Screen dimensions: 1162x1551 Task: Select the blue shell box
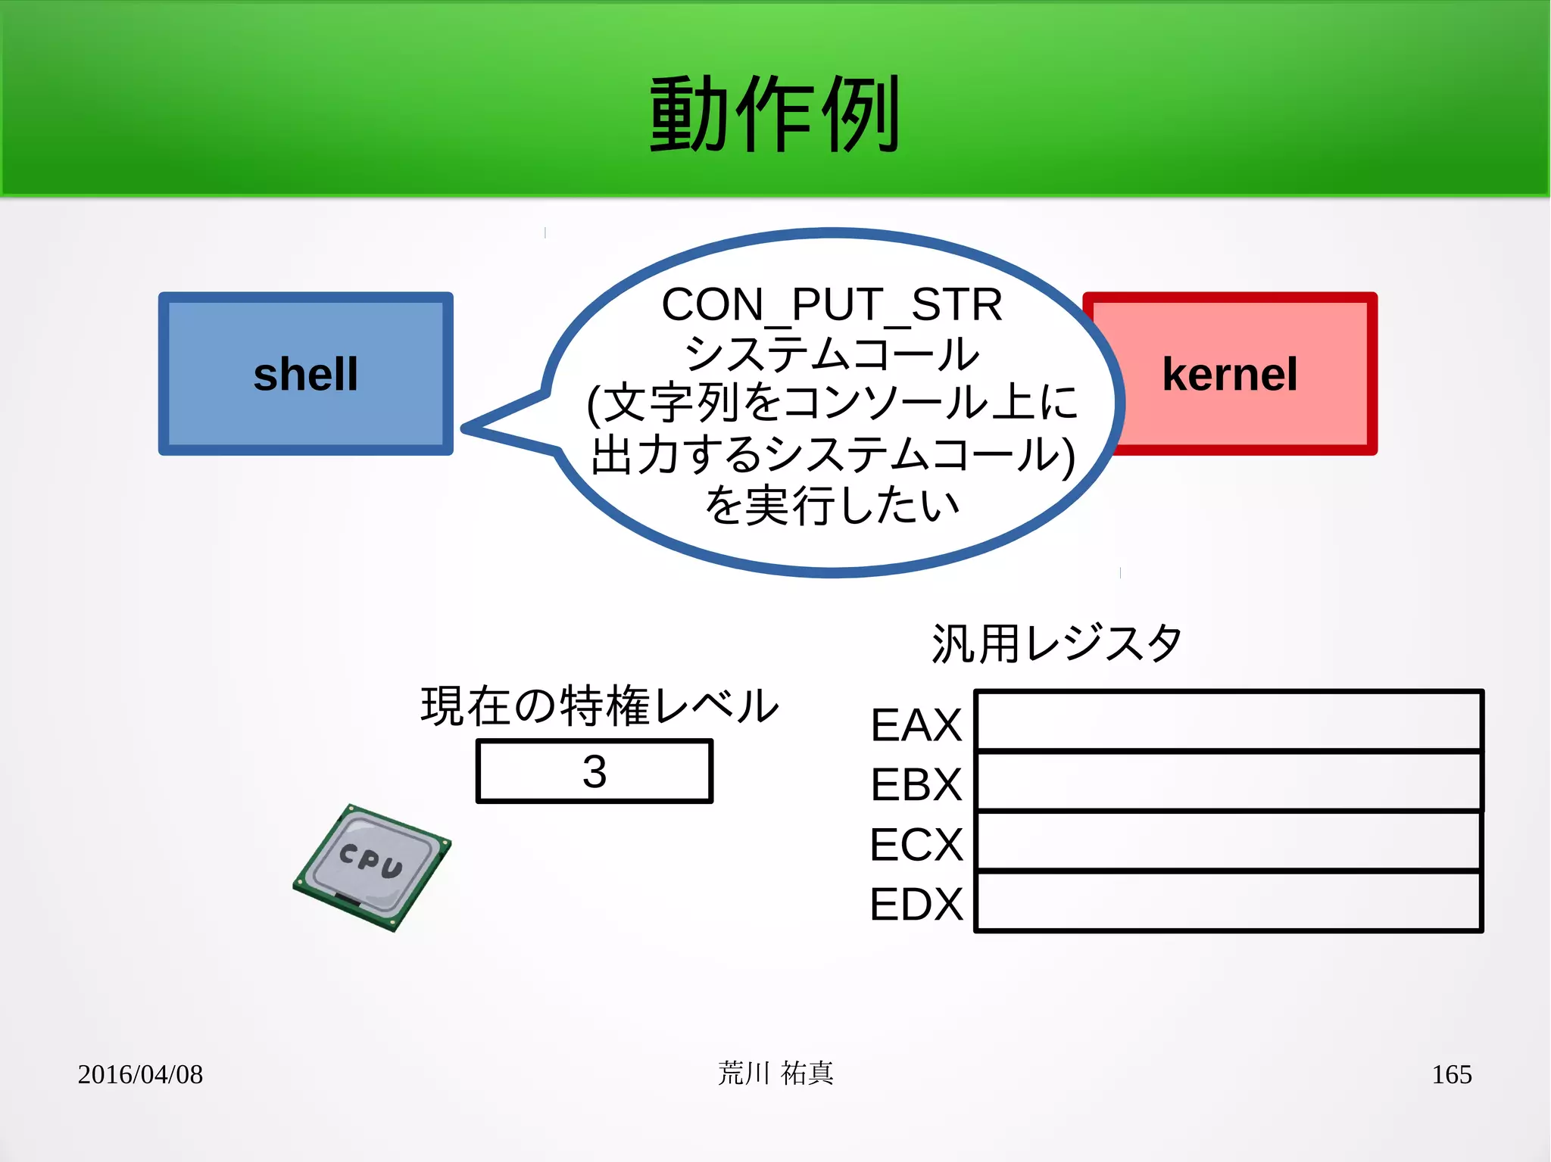pyautogui.click(x=306, y=374)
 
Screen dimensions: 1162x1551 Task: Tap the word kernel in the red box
pyautogui.click(x=1229, y=374)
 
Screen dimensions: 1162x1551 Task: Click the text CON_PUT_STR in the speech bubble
pyautogui.click(x=832, y=304)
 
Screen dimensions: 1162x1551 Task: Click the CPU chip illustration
pyautogui.click(x=372, y=867)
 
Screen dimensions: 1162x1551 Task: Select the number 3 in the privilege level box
pyautogui.click(x=594, y=771)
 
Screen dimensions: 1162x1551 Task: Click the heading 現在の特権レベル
pyautogui.click(x=599, y=706)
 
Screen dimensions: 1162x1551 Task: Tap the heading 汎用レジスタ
pyautogui.click(x=1056, y=643)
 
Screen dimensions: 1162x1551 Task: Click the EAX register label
pyautogui.click(x=916, y=724)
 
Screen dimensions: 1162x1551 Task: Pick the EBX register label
pyautogui.click(x=916, y=784)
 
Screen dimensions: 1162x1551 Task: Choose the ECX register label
pyautogui.click(x=916, y=844)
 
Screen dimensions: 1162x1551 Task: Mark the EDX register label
pyautogui.click(x=916, y=904)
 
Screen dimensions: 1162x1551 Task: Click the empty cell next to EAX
pyautogui.click(x=1228, y=721)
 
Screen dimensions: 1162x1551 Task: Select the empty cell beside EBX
pyautogui.click(x=1228, y=781)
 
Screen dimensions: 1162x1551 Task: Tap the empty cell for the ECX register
pyautogui.click(x=1228, y=841)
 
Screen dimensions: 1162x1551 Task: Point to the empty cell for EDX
pyautogui.click(x=1228, y=901)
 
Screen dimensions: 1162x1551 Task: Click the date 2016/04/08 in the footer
pyautogui.click(x=140, y=1074)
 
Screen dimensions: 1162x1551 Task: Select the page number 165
pyautogui.click(x=1451, y=1074)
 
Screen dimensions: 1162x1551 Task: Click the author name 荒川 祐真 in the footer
pyautogui.click(x=775, y=1073)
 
